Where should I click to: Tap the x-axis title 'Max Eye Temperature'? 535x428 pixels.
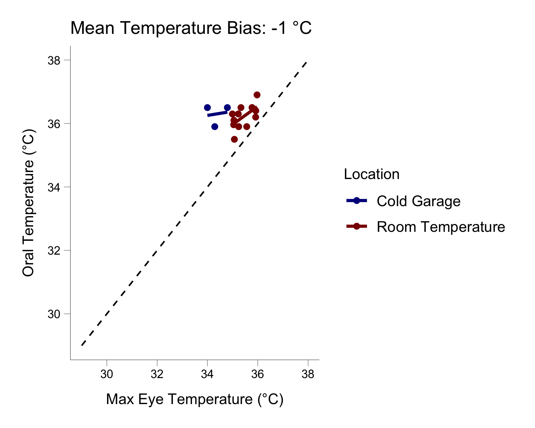(x=195, y=399)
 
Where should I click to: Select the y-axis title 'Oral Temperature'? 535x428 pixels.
(x=29, y=203)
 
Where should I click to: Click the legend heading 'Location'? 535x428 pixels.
(x=371, y=174)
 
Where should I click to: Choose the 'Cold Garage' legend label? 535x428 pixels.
(x=418, y=202)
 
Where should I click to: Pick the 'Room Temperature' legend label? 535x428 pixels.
(x=440, y=227)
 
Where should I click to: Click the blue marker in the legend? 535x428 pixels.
(x=356, y=201)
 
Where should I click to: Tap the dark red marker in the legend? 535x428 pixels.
(x=356, y=226)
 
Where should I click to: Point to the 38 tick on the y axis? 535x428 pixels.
(x=53, y=60)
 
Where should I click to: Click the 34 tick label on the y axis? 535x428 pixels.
(x=53, y=187)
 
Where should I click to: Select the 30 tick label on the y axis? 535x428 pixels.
(x=53, y=314)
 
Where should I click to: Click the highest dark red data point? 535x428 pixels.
(x=257, y=95)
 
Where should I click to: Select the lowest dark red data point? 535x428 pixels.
(x=234, y=139)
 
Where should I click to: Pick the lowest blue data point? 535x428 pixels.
(x=215, y=127)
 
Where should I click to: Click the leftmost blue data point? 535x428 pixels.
(x=207, y=108)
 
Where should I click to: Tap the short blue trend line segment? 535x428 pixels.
(x=217, y=114)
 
